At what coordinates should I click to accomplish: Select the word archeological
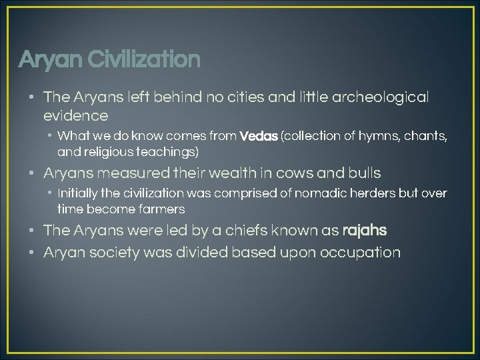coord(384,97)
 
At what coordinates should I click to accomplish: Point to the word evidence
coord(75,116)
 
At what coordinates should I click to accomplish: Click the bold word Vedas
coord(259,137)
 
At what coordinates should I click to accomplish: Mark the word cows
coord(294,173)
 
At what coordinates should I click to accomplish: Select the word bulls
coord(363,173)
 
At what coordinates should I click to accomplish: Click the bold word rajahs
coord(364,231)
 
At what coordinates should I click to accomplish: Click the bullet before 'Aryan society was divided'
coord(32,253)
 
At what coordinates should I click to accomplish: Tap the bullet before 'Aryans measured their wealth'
coord(32,173)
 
